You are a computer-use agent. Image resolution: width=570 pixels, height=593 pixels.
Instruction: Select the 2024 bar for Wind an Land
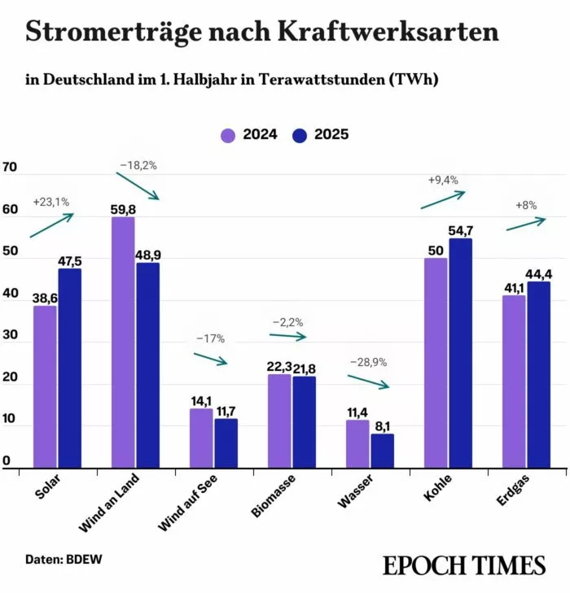123,342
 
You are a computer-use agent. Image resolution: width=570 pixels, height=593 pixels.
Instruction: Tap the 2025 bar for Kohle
460,353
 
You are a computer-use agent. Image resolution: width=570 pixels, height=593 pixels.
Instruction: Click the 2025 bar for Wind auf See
226,443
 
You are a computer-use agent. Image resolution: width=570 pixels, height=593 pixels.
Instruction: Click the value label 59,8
123,209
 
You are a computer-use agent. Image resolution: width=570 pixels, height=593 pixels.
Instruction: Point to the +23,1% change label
50,201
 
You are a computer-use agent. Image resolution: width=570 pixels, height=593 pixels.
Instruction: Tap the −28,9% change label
368,361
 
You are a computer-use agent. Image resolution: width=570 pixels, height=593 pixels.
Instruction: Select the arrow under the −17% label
210,359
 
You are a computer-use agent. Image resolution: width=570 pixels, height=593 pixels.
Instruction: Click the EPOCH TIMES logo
463,565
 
